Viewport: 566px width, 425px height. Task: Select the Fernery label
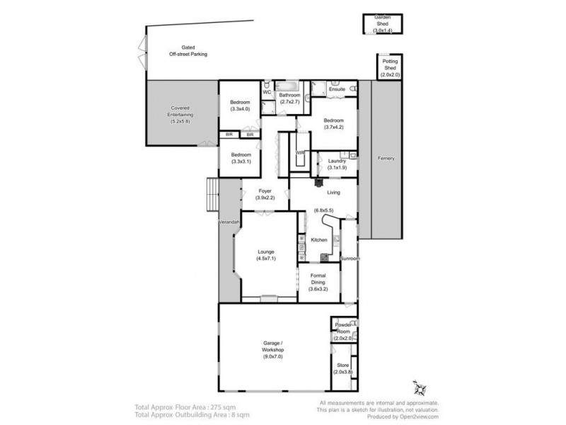pos(386,157)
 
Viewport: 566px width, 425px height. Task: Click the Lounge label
pos(267,252)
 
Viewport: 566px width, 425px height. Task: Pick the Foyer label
pos(265,191)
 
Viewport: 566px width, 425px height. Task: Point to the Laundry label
pos(337,161)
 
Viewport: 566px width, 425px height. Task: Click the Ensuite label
pos(337,89)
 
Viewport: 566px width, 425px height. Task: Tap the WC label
pos(267,92)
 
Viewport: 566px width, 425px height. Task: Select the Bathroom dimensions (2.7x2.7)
pos(289,103)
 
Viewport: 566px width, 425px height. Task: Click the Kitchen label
pos(318,240)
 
